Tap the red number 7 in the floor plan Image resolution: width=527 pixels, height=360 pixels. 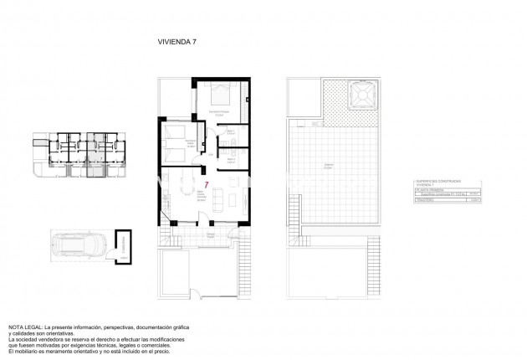[x=207, y=184]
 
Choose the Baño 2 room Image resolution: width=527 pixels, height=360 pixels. [x=233, y=157]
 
